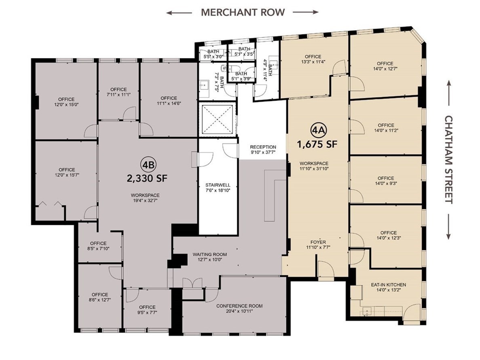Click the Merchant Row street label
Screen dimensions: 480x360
coord(243,12)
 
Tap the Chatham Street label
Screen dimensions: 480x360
coord(449,159)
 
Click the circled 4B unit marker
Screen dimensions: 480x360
coord(148,165)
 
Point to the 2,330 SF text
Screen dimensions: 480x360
coord(147,178)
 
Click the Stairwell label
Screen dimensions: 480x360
coord(218,185)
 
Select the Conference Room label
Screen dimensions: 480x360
coord(239,306)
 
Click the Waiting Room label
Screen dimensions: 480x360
coord(210,254)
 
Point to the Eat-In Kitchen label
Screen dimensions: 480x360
coord(389,285)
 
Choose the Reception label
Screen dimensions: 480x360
coord(263,147)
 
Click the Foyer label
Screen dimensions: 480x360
coord(318,242)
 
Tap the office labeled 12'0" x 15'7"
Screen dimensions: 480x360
coord(67,172)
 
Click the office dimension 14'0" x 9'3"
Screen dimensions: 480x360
coord(386,183)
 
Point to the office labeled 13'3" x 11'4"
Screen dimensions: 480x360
coord(313,59)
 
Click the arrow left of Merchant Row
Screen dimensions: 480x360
coord(180,13)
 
